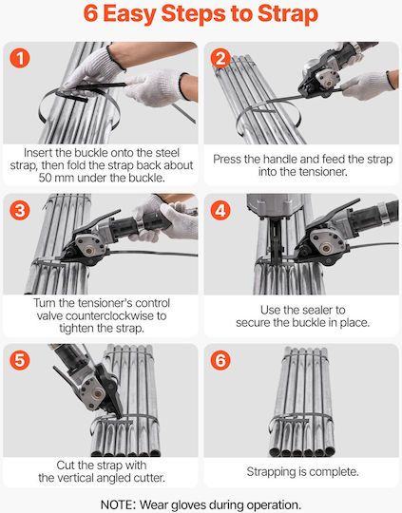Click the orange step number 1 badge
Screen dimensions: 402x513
click(x=20, y=58)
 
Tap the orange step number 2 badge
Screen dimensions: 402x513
click(x=220, y=58)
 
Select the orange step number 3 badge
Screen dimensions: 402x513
click(x=20, y=210)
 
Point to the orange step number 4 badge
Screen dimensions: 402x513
click(x=220, y=210)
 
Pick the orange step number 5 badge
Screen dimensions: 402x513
click(x=20, y=360)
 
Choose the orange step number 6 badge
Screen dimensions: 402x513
click(x=220, y=360)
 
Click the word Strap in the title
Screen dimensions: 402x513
click(x=287, y=14)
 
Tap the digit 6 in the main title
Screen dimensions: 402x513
click(x=90, y=13)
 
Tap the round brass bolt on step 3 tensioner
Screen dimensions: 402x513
click(x=88, y=250)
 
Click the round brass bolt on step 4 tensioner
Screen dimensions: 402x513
click(x=325, y=249)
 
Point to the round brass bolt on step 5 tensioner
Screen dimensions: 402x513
click(x=97, y=393)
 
